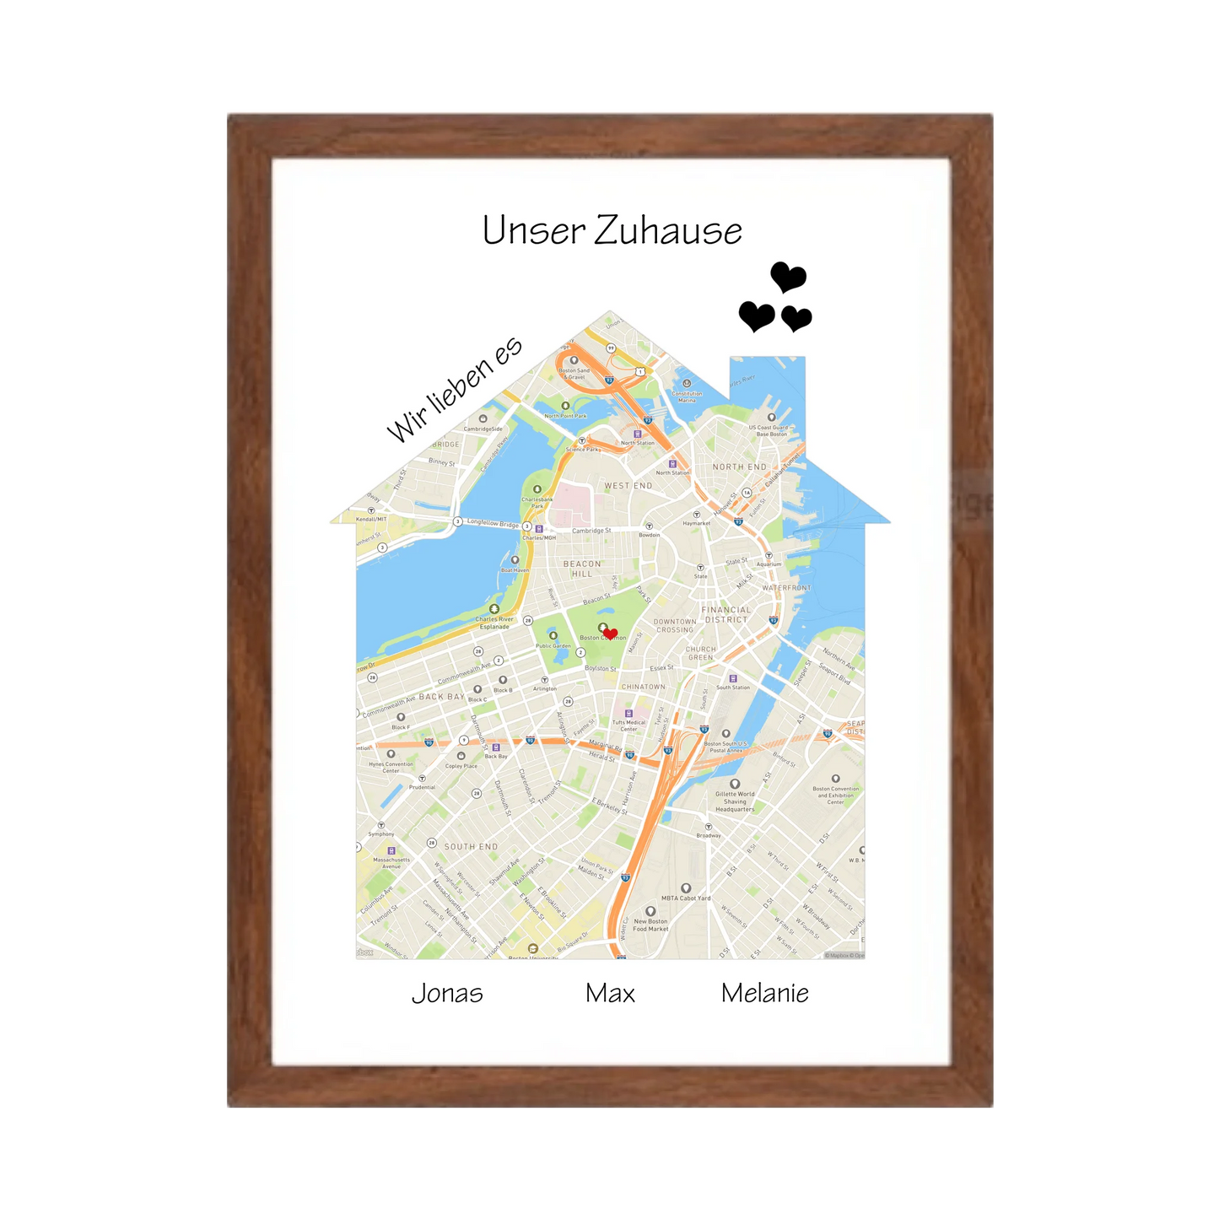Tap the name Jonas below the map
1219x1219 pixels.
447,993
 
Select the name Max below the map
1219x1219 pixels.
610,993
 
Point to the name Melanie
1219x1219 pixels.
764,993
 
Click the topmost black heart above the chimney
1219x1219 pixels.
789,276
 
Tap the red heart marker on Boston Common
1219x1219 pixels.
611,634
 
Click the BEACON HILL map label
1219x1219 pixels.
582,569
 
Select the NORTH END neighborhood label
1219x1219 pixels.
740,467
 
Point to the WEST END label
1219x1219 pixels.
628,486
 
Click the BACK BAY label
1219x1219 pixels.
442,697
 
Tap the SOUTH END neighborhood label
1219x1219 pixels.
471,846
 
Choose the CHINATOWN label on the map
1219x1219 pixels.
643,687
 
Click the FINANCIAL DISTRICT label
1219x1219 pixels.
726,614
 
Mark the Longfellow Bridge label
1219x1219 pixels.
493,524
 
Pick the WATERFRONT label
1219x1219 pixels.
786,588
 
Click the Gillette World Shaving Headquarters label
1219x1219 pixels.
735,801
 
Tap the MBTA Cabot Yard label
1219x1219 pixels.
686,898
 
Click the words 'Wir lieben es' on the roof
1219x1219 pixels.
454,390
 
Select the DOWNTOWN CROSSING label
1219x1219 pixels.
675,626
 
